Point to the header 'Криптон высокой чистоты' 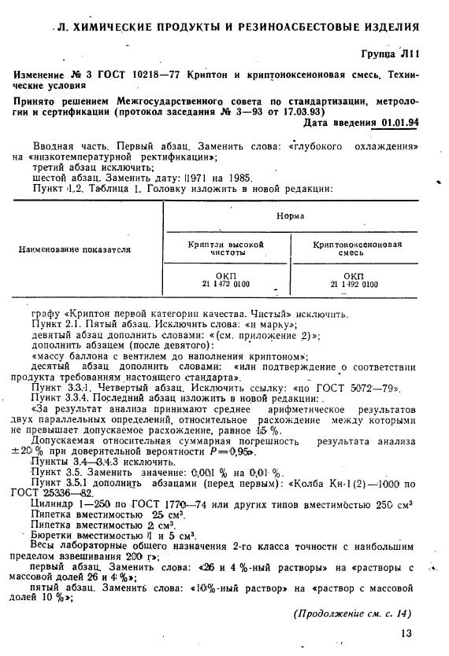pos(226,249)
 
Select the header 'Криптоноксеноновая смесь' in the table pos(354,249)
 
